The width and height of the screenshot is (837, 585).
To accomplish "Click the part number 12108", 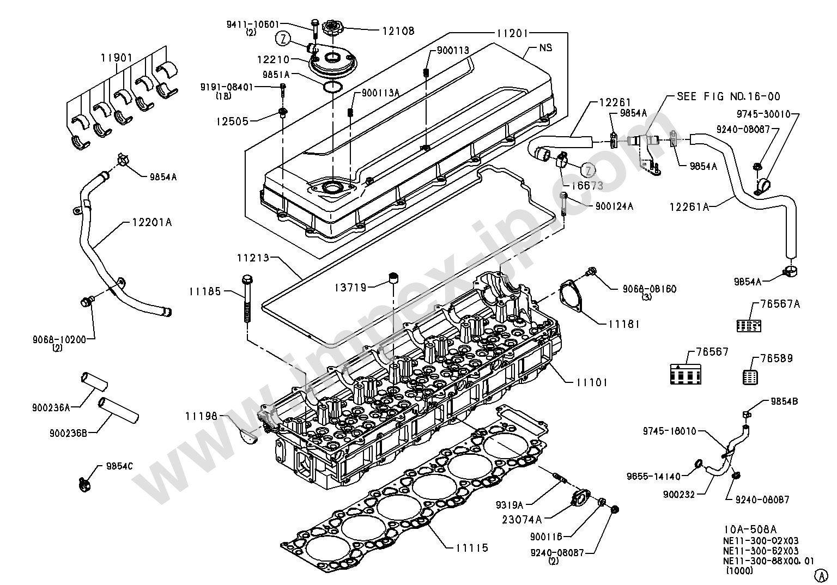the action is click(x=398, y=31).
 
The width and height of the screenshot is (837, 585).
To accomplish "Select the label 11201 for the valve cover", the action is click(x=512, y=34).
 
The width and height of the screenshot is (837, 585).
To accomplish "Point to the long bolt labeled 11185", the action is click(x=247, y=298).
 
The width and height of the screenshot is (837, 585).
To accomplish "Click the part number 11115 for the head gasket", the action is click(x=472, y=548).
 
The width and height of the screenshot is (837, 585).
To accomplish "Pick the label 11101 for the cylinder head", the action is click(x=592, y=382).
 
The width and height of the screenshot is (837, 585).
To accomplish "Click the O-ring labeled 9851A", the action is click(x=332, y=87).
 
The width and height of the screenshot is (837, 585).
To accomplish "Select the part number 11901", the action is click(x=117, y=58).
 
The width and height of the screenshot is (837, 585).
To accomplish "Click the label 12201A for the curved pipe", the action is click(x=152, y=222).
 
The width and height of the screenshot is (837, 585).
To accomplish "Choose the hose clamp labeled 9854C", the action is click(x=85, y=485).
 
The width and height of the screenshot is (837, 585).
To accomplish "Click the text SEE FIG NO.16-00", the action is click(x=729, y=96).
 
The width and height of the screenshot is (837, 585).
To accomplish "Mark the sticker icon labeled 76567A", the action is click(x=749, y=326).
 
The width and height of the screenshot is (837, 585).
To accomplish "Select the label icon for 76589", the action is click(x=750, y=377).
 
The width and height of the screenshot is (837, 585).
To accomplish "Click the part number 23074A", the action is click(x=522, y=519).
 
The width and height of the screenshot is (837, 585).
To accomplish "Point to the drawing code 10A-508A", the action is click(x=750, y=529).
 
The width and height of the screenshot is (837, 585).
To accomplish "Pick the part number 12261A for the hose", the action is click(x=689, y=206).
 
